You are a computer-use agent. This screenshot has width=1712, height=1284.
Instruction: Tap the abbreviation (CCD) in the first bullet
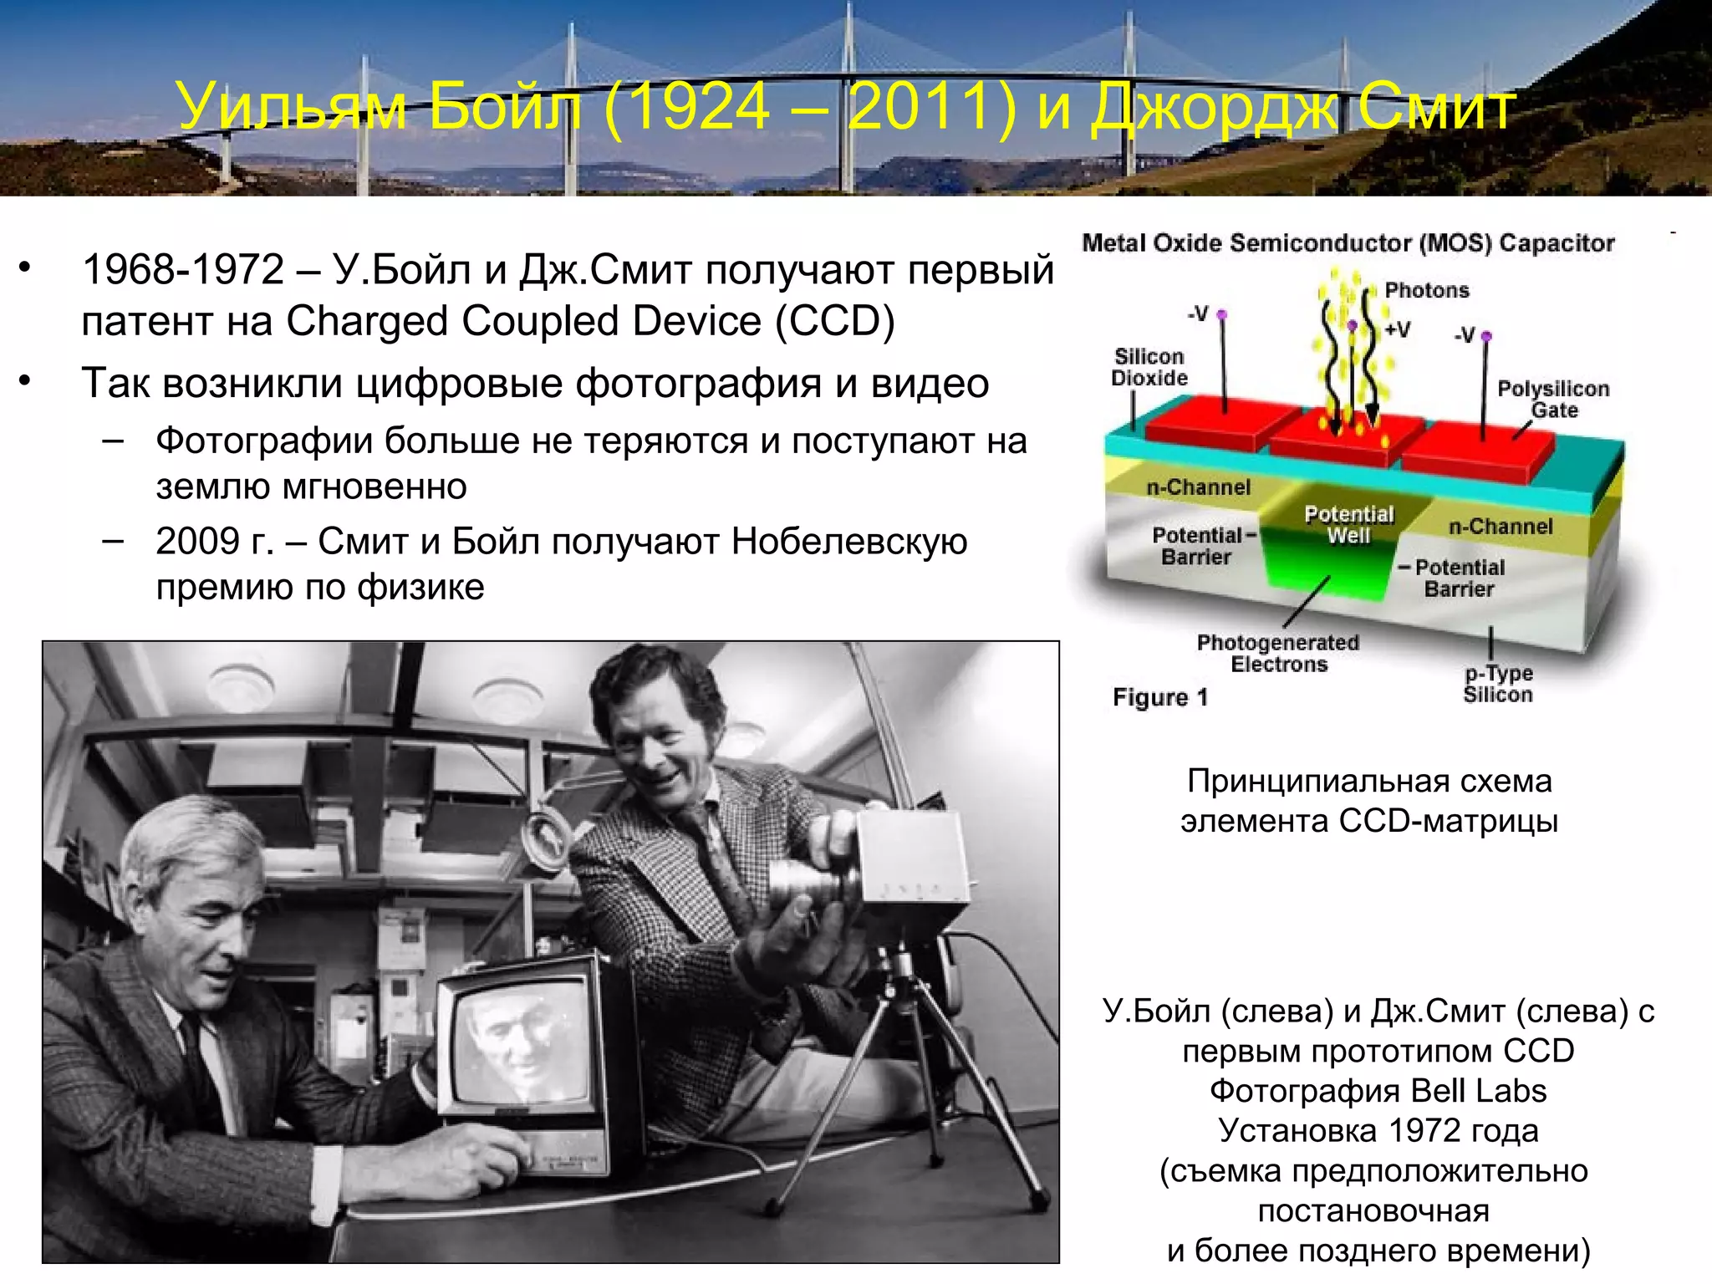click(834, 321)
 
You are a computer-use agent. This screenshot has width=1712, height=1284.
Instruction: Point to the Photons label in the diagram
click(1426, 290)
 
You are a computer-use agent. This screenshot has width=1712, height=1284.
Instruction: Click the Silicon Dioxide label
click(1149, 367)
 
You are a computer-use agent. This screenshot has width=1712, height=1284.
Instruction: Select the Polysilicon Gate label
click(1553, 399)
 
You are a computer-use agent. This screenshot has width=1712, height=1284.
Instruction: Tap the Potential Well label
click(1348, 524)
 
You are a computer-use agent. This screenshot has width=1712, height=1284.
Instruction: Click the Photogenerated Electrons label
click(1278, 653)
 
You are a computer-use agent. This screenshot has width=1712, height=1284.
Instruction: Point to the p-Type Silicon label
click(1498, 684)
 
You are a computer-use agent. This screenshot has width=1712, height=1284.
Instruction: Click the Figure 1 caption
click(1160, 697)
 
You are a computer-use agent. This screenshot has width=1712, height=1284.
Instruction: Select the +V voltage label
click(1397, 329)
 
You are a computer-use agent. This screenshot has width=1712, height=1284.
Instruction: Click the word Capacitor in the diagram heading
click(1557, 243)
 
